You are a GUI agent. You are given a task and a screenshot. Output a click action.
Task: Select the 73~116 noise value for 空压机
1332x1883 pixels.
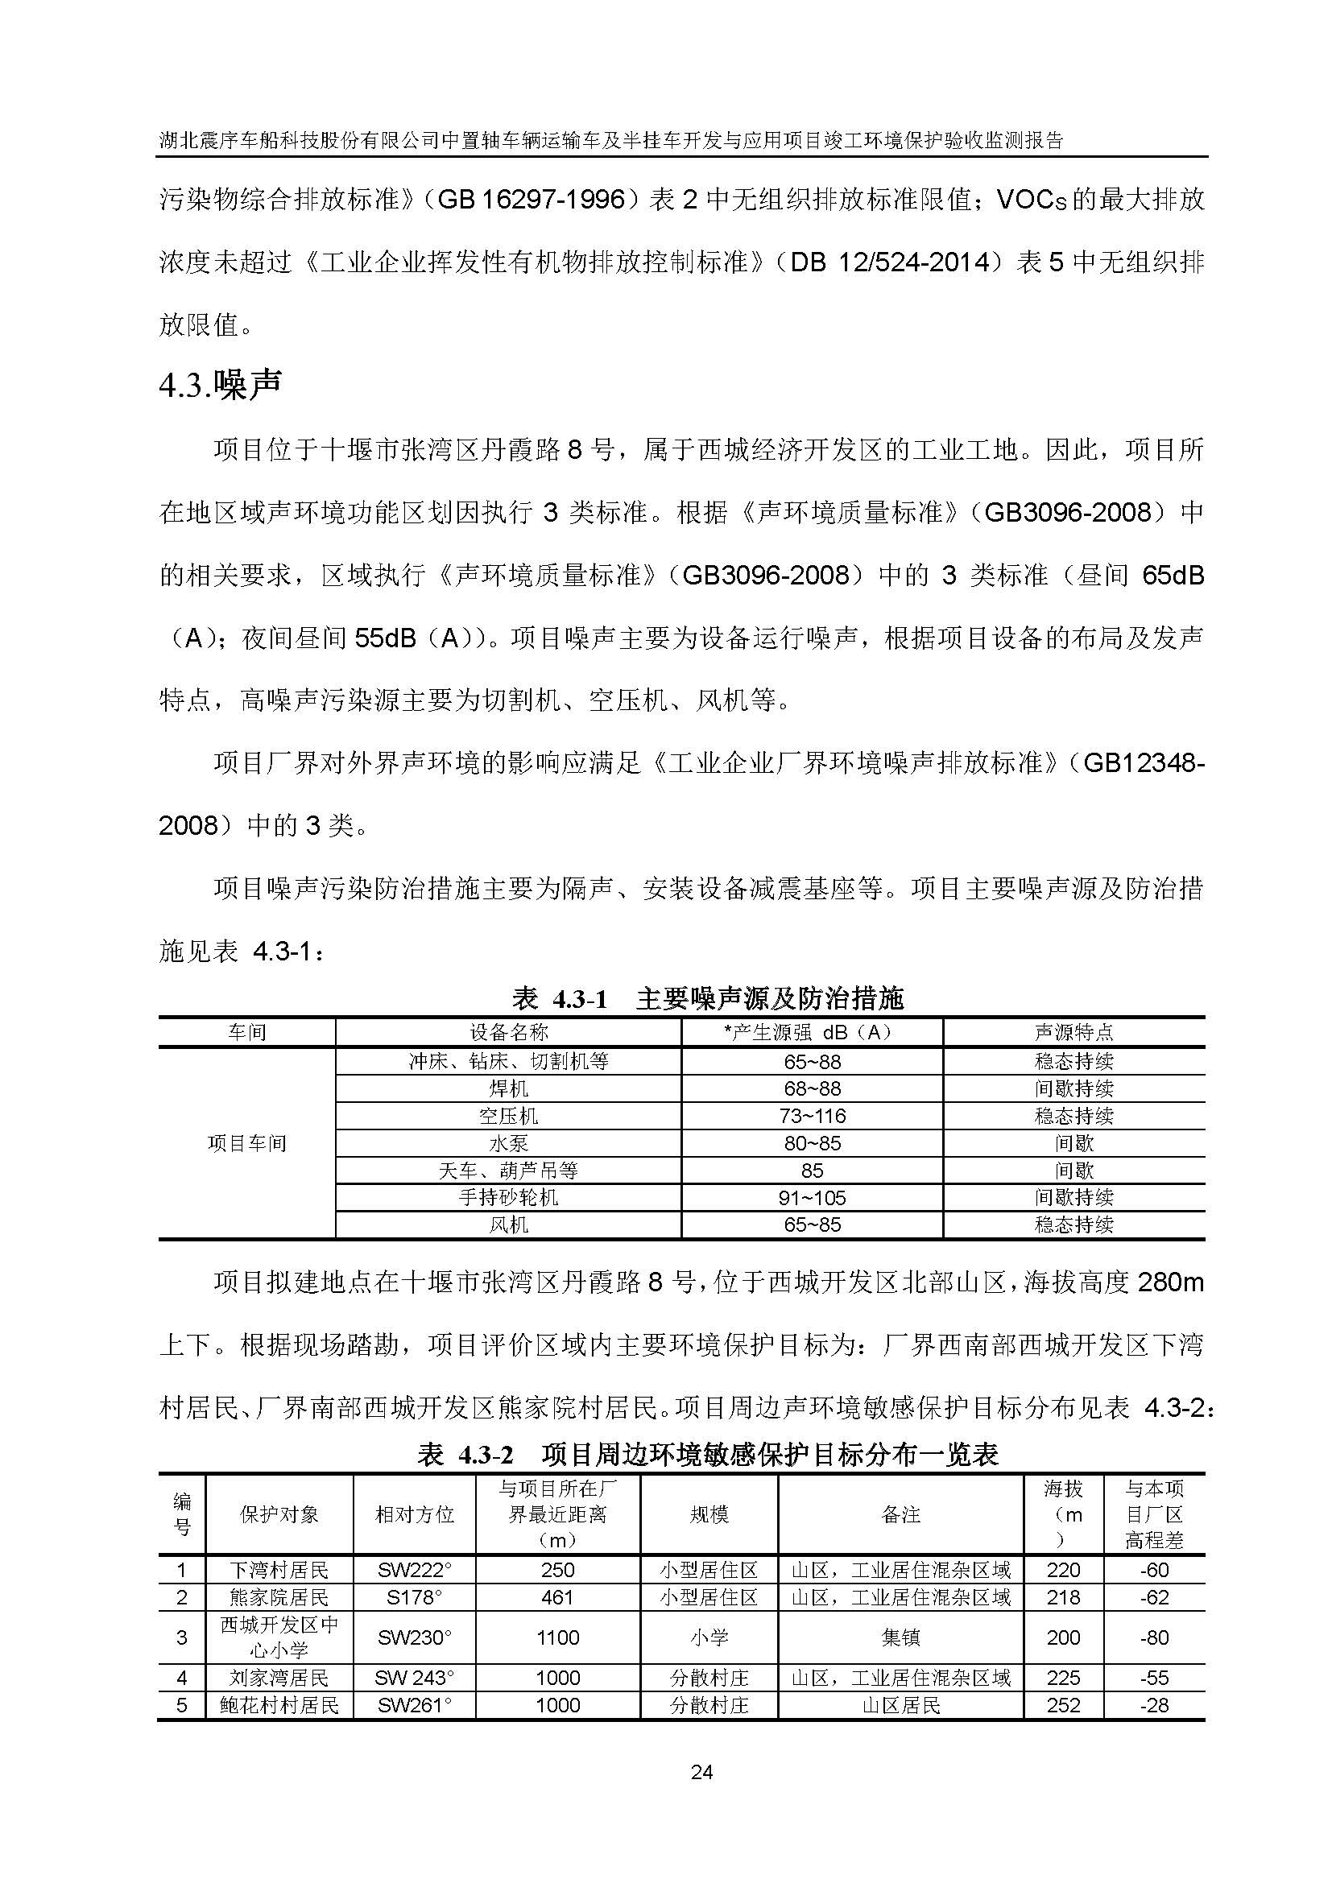coord(812,1116)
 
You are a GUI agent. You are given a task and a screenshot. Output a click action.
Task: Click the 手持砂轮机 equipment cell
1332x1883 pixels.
coord(507,1197)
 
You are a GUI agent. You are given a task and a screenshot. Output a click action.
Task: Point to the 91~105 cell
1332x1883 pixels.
coord(812,1197)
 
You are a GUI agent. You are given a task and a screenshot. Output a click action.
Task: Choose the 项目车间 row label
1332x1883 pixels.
coord(247,1143)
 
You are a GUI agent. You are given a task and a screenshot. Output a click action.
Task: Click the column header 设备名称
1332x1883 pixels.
coord(507,1033)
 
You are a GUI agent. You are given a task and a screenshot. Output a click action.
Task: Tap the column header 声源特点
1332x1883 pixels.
coord(1073,1033)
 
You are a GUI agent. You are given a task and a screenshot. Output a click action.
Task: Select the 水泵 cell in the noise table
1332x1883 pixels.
coord(507,1143)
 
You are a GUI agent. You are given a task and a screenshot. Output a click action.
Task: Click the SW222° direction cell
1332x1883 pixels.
coord(414,1571)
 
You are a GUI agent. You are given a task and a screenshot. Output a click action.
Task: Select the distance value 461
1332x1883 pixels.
coord(558,1597)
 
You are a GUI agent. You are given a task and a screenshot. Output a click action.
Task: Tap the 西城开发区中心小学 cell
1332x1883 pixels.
coord(279,1637)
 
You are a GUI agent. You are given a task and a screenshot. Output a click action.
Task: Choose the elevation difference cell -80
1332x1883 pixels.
coord(1154,1637)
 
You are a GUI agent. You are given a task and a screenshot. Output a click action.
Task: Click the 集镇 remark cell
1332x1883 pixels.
coord(900,1637)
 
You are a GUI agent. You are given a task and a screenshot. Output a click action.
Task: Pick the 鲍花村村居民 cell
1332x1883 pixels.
coord(279,1706)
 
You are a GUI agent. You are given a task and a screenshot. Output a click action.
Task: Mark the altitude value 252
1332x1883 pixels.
coord(1063,1706)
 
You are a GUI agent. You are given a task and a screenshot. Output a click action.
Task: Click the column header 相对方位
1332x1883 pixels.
coord(414,1515)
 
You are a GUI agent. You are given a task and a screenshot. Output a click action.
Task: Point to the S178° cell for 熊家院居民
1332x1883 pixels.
coord(414,1597)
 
